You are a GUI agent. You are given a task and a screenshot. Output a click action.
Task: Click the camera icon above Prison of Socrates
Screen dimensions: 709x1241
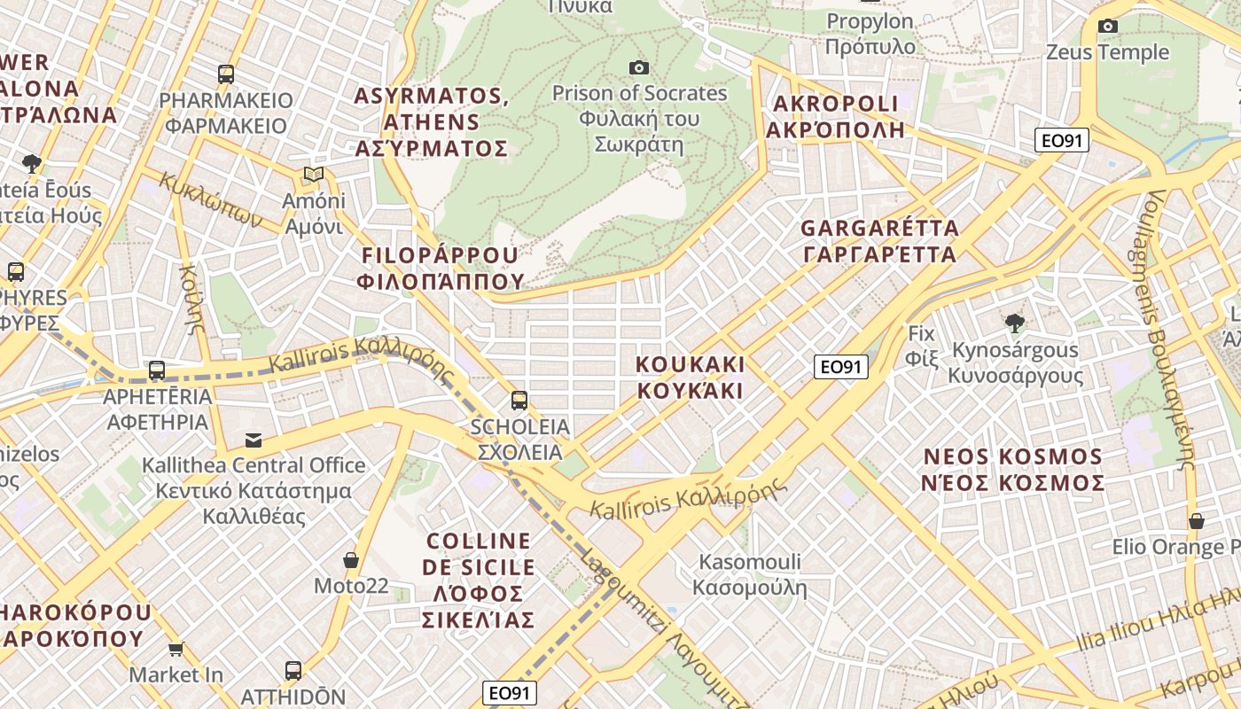638,68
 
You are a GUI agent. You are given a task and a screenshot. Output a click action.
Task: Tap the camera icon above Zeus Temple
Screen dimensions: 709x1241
1107,27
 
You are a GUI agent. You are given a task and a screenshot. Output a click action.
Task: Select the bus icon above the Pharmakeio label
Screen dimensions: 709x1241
226,74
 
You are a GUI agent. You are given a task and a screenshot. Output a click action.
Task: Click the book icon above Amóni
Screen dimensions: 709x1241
313,174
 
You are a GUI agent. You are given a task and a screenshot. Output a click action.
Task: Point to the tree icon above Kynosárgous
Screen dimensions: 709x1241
1015,323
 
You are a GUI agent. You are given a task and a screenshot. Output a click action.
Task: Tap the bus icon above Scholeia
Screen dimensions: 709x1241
519,401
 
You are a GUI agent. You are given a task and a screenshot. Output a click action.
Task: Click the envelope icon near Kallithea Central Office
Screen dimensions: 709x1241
254,440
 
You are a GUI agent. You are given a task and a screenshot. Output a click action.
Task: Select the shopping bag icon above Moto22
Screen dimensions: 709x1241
351,560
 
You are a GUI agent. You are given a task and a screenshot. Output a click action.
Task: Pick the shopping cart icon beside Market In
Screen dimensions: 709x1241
176,650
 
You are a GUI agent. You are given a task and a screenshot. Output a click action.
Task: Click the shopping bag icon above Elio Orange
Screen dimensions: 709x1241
1196,521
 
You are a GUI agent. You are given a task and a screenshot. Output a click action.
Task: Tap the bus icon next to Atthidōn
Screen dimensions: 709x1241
293,671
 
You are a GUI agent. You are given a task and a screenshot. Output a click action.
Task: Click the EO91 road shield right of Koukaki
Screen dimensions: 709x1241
840,367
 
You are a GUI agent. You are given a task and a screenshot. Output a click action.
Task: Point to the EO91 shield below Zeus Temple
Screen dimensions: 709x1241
1062,140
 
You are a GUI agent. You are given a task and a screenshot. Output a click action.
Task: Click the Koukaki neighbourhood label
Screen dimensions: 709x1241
691,378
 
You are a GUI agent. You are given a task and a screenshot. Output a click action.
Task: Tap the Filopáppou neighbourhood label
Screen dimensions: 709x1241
441,269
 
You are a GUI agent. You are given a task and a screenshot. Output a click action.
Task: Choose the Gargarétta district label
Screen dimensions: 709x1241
879,241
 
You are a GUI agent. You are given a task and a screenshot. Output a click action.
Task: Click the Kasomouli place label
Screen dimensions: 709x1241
750,574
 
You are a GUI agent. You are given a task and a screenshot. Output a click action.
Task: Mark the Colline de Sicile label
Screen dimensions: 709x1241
479,580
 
